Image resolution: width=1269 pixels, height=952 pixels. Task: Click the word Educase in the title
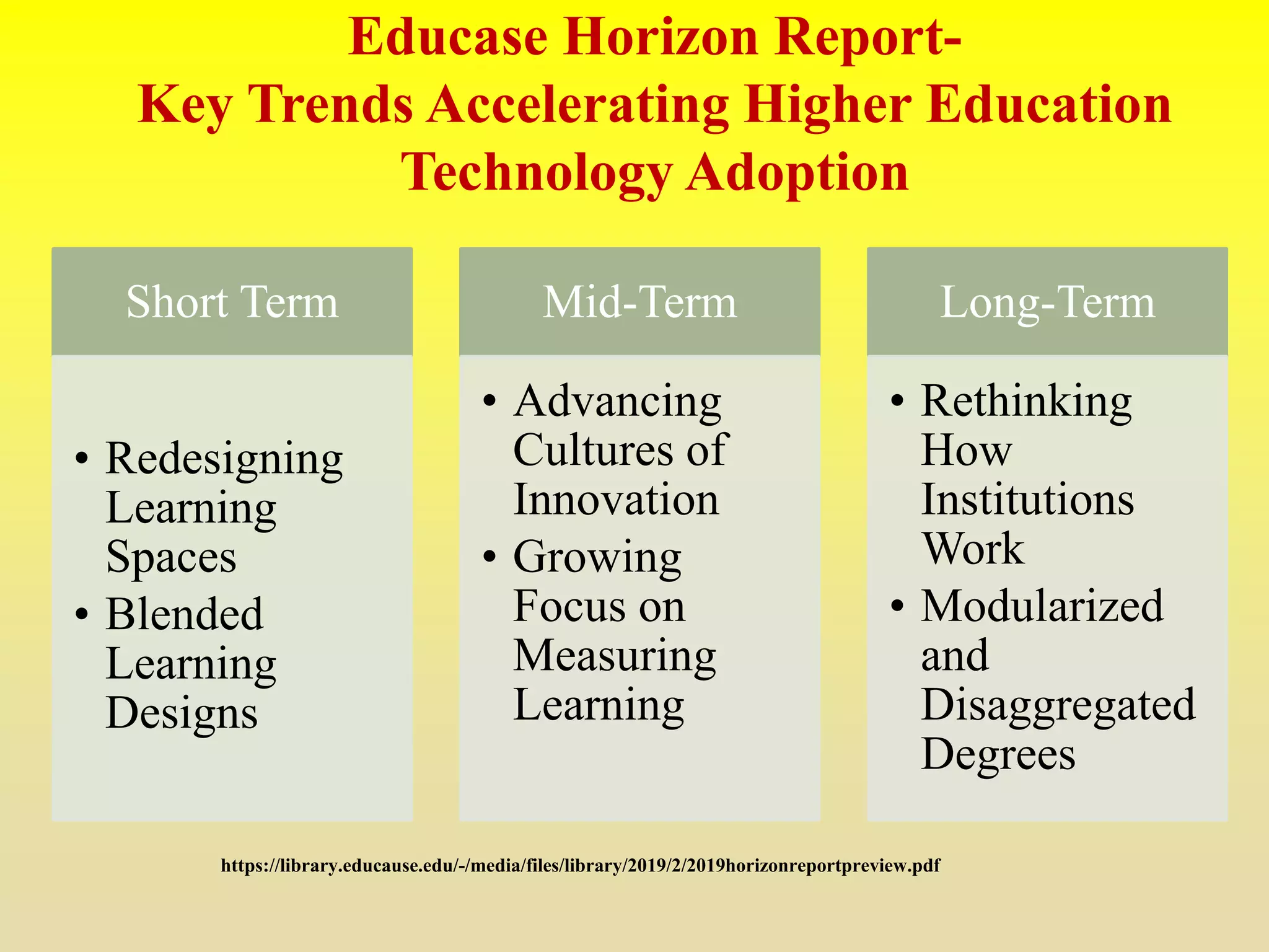coord(447,38)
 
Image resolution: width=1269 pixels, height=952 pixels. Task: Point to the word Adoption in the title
coord(797,173)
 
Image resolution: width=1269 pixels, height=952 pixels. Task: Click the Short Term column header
coord(232,302)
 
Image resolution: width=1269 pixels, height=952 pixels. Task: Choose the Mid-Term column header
coord(639,302)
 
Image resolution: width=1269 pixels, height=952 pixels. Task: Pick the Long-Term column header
coord(1047,302)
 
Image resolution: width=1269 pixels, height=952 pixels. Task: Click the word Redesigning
coord(224,460)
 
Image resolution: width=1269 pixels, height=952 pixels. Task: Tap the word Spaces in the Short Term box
coord(171,557)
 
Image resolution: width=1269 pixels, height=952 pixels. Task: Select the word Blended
coord(185,614)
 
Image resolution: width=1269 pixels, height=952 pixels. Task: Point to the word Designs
coord(182,713)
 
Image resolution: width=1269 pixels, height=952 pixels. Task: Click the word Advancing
coord(617,402)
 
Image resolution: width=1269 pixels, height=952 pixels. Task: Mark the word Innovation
coord(616,500)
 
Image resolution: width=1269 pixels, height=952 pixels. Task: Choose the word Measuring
coord(615,656)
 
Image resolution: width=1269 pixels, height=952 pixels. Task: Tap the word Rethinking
coord(1026,402)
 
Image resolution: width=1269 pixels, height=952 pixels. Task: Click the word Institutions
coord(1027,500)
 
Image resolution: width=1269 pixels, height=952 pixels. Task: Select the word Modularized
coord(1042,606)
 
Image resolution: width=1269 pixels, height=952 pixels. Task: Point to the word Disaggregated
coord(1058,705)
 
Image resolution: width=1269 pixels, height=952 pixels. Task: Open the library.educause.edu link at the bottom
coord(580,866)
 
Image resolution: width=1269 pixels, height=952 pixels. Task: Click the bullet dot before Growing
coord(490,556)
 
